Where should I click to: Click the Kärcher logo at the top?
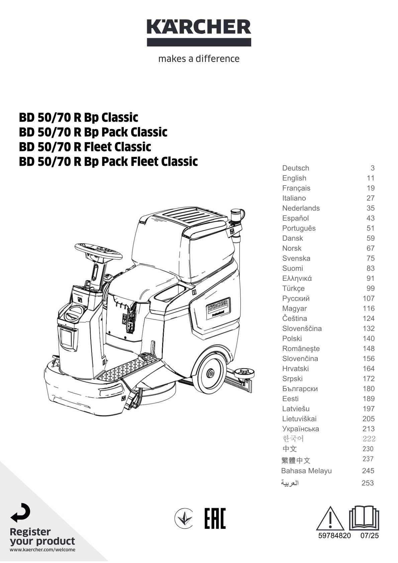pos(199,32)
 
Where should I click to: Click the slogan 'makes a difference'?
pos(199,59)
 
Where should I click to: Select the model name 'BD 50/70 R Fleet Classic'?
pos(85,147)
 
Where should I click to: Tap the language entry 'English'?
pos(294,178)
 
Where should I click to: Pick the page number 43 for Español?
pos(371,218)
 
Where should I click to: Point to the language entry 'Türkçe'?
pos(293,288)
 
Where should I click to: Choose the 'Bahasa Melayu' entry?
pos(306,470)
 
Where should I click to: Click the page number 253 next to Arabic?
pos(368,483)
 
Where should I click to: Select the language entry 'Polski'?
pos(292,338)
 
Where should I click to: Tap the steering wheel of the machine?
pos(99,251)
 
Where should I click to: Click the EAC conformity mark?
pos(215,519)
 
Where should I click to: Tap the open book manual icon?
pos(364,518)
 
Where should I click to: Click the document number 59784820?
pos(334,536)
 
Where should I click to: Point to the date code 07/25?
pos(370,536)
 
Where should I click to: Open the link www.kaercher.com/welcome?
pos(42,550)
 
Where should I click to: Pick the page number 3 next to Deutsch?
pos(373,168)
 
